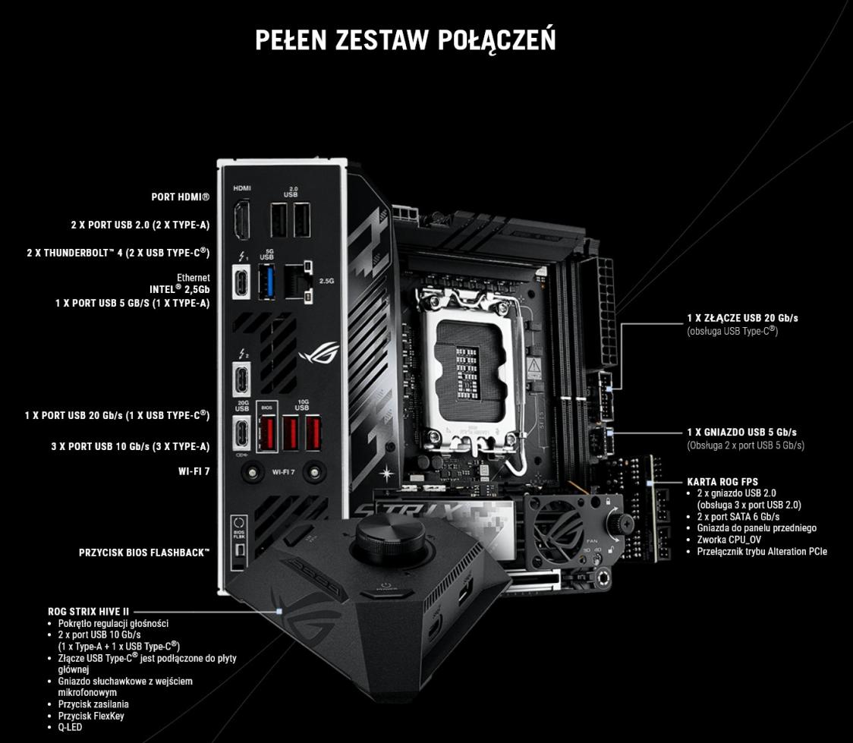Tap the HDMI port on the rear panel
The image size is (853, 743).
tap(241, 220)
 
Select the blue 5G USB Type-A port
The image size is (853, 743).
tap(266, 282)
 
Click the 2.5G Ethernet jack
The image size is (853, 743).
tap(297, 282)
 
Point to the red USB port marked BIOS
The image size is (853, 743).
tap(266, 433)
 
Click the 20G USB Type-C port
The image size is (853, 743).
tap(241, 433)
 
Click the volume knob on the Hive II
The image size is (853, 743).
tap(391, 537)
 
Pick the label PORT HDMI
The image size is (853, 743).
tap(180, 197)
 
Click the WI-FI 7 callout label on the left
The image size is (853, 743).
tap(194, 471)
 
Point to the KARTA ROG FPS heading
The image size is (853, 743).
tap(722, 482)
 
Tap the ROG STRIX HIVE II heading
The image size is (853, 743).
tap(88, 612)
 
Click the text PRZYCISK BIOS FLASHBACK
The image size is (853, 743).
tap(144, 553)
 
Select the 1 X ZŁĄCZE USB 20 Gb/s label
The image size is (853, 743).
tap(742, 318)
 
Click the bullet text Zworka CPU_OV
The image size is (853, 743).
tap(729, 540)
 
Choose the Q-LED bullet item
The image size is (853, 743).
tap(70, 727)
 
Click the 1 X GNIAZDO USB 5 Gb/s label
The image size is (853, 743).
tap(742, 433)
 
